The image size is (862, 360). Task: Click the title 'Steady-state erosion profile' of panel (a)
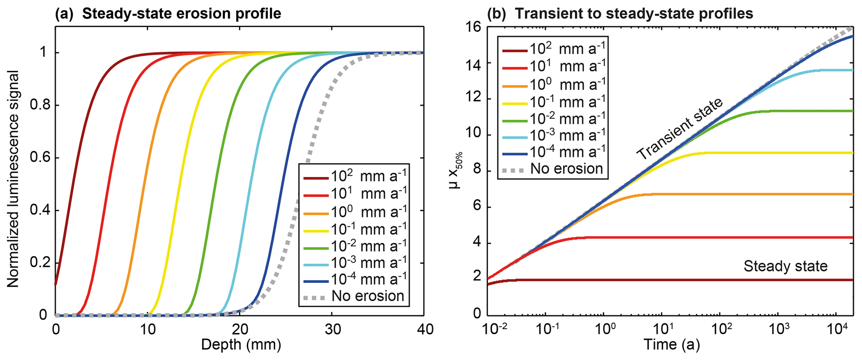[x=181, y=14]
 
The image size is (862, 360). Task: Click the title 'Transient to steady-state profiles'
[x=634, y=14]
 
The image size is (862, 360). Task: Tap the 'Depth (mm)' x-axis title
[x=241, y=345]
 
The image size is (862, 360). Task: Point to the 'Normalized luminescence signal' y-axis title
[x=13, y=179]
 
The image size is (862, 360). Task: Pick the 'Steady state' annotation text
[x=785, y=266]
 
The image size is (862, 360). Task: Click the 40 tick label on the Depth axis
[x=424, y=330]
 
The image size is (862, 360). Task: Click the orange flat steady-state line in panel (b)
[x=751, y=194]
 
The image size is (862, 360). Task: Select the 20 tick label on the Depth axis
[x=240, y=330]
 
